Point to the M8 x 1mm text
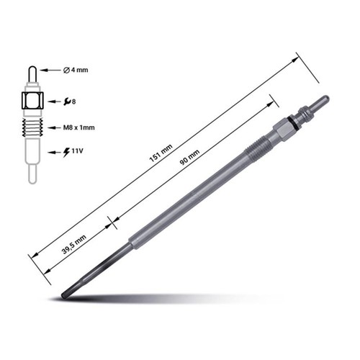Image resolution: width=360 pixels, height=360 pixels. (x=79, y=127)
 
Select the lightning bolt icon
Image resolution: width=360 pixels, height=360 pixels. (x=67, y=153)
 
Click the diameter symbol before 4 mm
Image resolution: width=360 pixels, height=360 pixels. (x=66, y=70)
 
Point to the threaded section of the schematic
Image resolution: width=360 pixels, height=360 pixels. (x=32, y=128)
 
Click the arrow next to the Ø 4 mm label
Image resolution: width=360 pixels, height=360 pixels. (x=49, y=70)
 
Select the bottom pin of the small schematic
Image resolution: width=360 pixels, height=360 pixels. (x=32, y=174)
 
